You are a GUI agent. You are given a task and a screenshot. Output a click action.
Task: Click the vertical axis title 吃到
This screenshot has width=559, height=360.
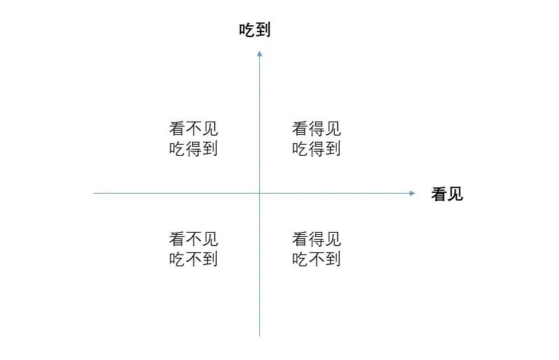[254, 30]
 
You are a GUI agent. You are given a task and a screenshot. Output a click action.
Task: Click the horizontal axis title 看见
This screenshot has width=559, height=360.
[447, 194]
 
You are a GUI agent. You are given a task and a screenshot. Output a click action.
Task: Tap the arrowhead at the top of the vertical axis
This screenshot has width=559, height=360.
[259, 53]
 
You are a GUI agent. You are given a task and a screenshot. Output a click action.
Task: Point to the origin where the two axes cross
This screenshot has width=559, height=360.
[259, 193]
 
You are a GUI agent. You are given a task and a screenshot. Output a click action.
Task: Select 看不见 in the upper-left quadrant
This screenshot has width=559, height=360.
[194, 129]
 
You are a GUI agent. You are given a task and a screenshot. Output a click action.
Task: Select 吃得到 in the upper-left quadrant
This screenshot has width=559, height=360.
[194, 149]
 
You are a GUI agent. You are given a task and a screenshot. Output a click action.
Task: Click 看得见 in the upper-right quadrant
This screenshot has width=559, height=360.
[317, 129]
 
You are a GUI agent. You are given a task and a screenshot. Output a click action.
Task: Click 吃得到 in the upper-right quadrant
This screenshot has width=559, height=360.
[317, 149]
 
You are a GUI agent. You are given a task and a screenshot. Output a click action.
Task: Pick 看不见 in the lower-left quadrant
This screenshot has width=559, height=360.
[194, 239]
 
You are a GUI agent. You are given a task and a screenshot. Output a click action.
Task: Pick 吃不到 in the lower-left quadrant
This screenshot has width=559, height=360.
[194, 259]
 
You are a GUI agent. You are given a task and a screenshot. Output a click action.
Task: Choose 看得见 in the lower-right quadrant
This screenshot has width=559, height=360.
[317, 239]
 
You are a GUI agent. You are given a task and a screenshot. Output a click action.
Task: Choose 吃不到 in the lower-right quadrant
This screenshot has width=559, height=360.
[317, 259]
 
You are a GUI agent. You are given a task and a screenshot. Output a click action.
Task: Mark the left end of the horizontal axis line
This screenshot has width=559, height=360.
[94, 193]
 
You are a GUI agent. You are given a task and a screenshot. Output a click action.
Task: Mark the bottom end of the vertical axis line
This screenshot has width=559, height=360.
[259, 336]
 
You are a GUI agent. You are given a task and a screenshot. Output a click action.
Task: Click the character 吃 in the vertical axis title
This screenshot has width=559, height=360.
[247, 30]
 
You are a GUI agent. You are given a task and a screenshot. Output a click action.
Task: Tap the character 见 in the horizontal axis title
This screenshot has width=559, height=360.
[456, 194]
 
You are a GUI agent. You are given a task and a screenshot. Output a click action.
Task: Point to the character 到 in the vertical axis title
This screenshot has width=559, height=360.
[263, 30]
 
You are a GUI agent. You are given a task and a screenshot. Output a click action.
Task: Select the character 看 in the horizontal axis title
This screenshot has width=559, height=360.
[440, 194]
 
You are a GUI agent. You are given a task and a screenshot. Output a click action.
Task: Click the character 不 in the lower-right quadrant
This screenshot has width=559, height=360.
[317, 259]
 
